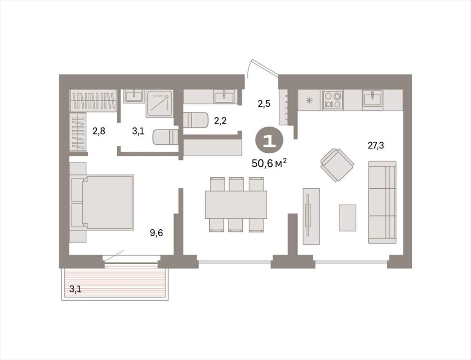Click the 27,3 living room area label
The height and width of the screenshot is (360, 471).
tap(376, 146)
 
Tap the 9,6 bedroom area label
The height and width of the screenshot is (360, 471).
tap(156, 233)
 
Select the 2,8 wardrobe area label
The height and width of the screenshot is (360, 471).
tap(98, 131)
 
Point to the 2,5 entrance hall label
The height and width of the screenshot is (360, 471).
tap(264, 104)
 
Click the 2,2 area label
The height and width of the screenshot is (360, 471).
tap(220, 121)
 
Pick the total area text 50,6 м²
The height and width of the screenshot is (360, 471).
tap(269, 163)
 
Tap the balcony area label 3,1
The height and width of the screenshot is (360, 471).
tap(75, 289)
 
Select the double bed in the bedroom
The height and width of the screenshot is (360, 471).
tap(102, 203)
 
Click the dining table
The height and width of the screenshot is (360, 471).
tap(236, 204)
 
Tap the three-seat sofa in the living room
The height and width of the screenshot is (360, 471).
tap(382, 202)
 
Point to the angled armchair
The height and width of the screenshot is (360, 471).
tap(337, 165)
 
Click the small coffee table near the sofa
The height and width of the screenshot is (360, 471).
tap(348, 218)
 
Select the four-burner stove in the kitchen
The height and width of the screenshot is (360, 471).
tap(333, 100)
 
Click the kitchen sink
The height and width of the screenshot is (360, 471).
tap(373, 99)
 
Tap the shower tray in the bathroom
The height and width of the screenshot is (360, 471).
tap(160, 104)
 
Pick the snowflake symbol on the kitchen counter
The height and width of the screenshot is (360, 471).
tap(309, 100)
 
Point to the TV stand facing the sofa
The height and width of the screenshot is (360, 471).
tap(311, 216)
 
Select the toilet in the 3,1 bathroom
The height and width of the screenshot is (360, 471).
tap(166, 137)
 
